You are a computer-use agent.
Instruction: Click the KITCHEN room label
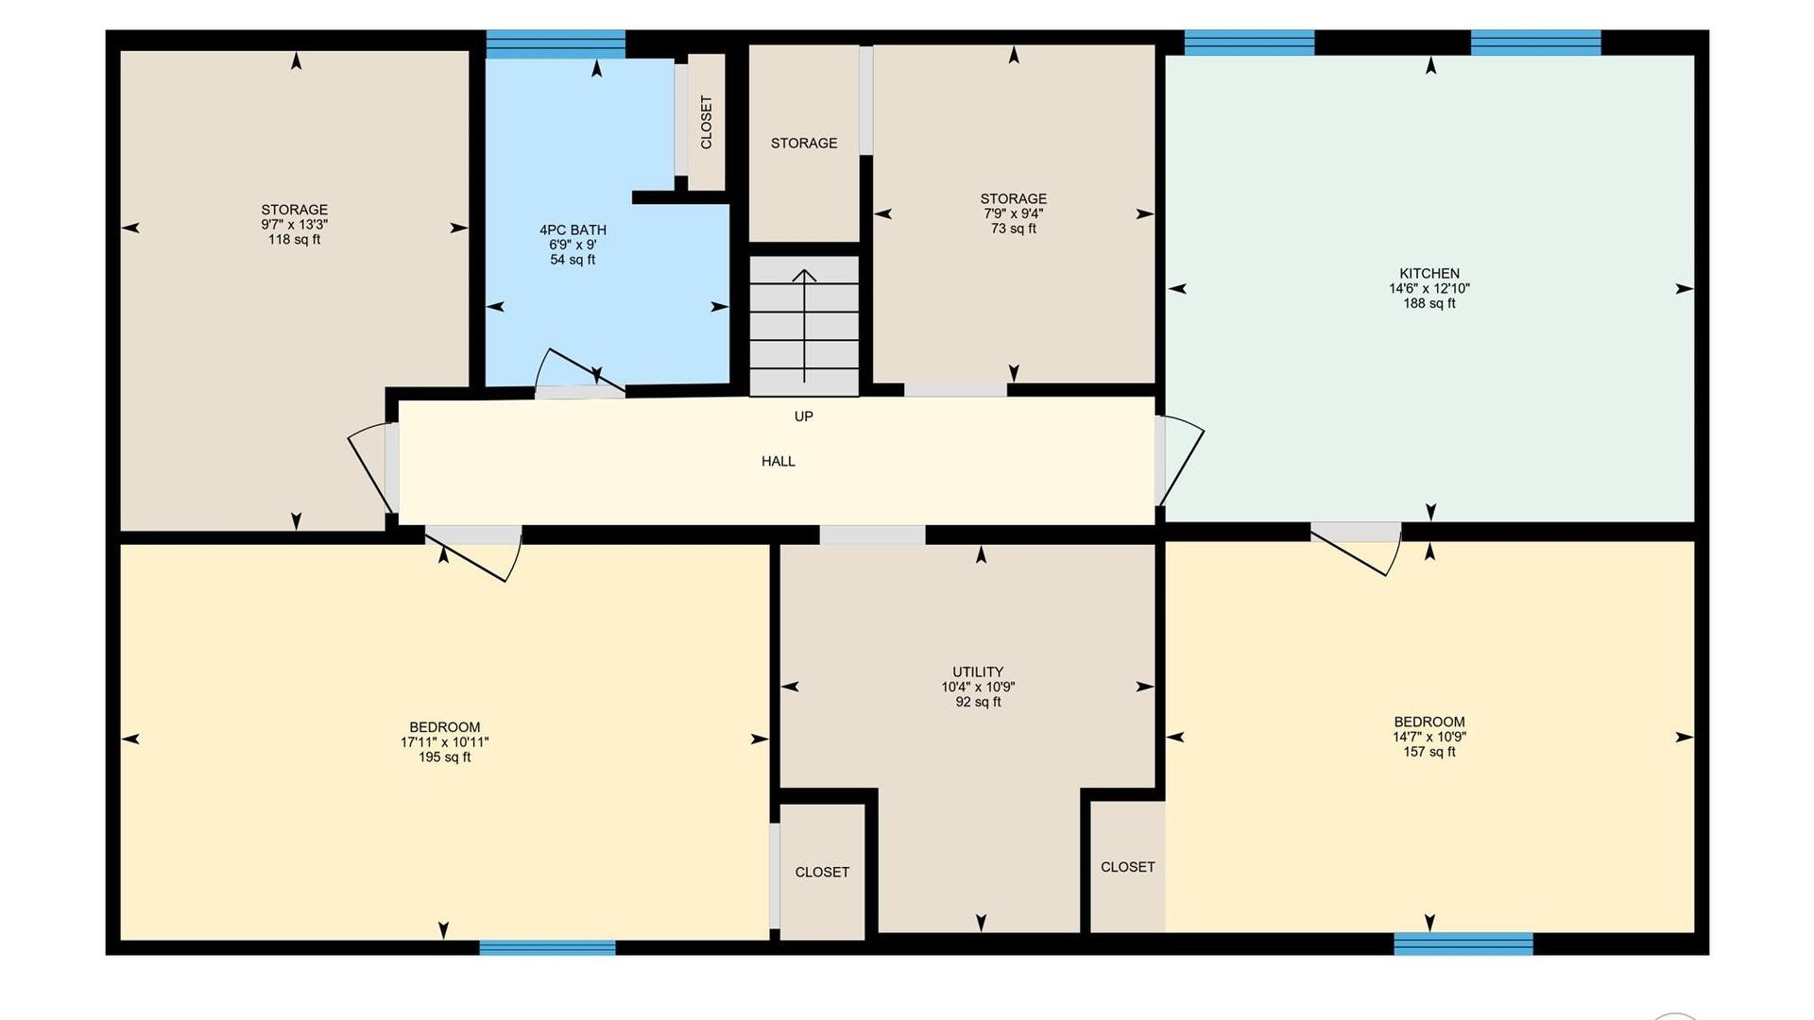[x=1429, y=274]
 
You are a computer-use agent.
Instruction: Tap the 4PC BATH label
[x=573, y=230]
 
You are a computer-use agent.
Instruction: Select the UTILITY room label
[x=978, y=672]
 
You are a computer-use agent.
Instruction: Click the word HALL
[x=779, y=461]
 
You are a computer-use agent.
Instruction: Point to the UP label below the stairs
[x=804, y=416]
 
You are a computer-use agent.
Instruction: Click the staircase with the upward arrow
[x=804, y=326]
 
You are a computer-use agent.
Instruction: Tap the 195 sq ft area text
[x=445, y=757]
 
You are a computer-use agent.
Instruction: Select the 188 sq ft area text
[x=1429, y=304]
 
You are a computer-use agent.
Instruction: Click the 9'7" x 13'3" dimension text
[x=295, y=225]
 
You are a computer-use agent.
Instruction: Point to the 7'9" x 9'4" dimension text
[x=1014, y=213]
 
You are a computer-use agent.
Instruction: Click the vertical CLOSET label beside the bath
[x=707, y=122]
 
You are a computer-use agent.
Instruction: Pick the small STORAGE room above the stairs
[x=804, y=144]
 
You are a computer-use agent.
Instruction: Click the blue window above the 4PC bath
[x=556, y=43]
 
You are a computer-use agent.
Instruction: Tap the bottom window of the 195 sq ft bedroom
[x=547, y=947]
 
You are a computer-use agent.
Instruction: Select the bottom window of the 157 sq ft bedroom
[x=1463, y=943]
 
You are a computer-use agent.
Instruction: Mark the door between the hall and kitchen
[x=1179, y=461]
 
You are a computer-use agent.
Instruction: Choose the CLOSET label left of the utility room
[x=822, y=873]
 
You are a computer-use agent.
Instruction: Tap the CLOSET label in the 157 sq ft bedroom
[x=1128, y=867]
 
